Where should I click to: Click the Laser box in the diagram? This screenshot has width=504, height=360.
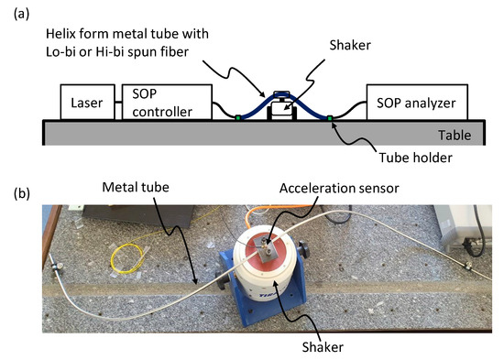coord(88,103)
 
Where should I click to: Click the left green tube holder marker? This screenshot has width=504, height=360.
coord(237,117)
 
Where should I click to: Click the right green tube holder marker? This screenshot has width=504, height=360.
coord(331,118)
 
